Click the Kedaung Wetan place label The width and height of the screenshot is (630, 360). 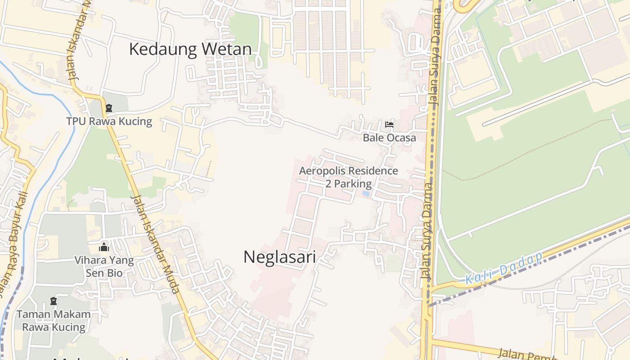click(x=190, y=49)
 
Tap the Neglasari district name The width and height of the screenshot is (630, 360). click(x=279, y=257)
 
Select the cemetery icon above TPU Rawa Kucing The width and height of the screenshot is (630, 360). click(x=108, y=108)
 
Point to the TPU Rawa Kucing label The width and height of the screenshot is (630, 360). click(x=109, y=121)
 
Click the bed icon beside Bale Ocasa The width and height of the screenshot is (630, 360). click(x=389, y=125)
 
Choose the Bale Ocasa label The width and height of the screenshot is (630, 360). click(x=389, y=138)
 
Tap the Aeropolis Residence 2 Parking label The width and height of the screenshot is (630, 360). click(x=348, y=177)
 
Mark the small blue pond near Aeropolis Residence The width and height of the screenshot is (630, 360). click(x=366, y=194)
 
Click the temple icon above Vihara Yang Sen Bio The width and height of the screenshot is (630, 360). click(x=104, y=247)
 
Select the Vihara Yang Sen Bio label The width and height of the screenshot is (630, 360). click(x=104, y=266)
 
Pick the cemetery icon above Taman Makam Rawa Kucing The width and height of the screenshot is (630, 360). click(x=54, y=301)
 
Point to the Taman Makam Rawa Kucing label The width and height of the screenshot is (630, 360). click(x=54, y=320)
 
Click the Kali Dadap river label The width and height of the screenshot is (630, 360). click(x=504, y=269)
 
